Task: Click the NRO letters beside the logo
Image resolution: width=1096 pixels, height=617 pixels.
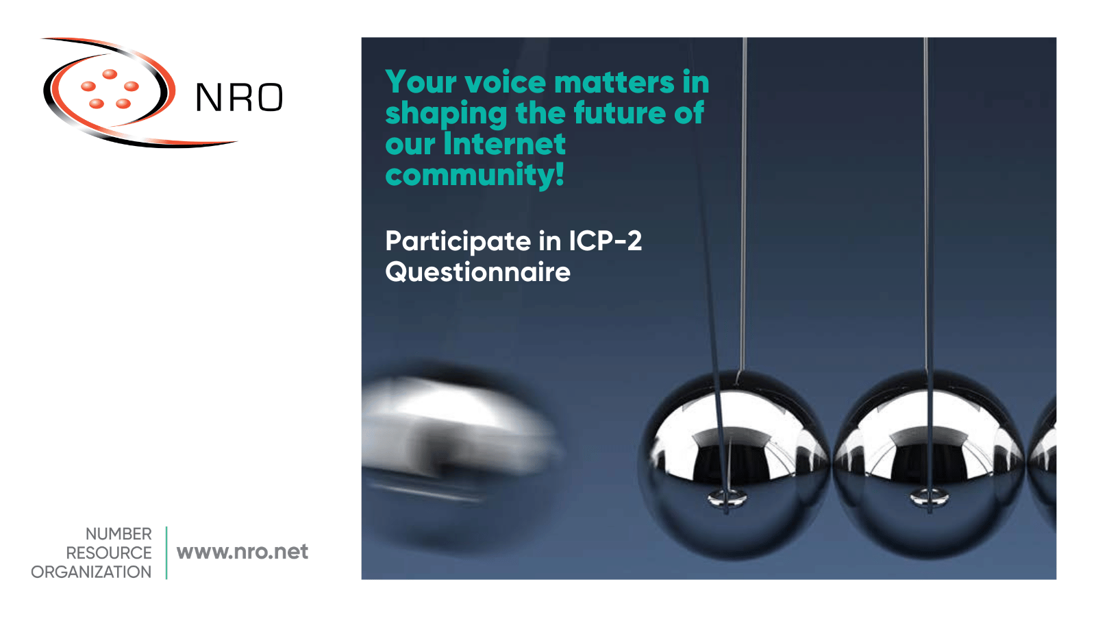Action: (239, 97)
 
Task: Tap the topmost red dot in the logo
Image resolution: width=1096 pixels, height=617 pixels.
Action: (110, 74)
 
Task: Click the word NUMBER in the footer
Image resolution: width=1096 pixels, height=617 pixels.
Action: (119, 534)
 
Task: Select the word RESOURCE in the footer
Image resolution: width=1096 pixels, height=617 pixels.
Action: (109, 553)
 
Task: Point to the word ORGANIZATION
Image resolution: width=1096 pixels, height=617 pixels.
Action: (91, 572)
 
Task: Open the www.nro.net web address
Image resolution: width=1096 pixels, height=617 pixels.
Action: (242, 552)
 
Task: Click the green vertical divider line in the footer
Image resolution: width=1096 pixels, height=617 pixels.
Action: (166, 553)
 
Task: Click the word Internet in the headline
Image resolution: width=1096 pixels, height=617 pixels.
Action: (504, 144)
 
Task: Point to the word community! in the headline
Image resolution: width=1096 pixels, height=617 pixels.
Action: (475, 176)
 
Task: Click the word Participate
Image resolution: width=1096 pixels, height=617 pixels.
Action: (458, 242)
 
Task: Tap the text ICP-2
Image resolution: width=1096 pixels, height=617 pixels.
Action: (605, 241)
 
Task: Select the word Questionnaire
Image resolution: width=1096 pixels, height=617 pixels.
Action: (477, 272)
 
